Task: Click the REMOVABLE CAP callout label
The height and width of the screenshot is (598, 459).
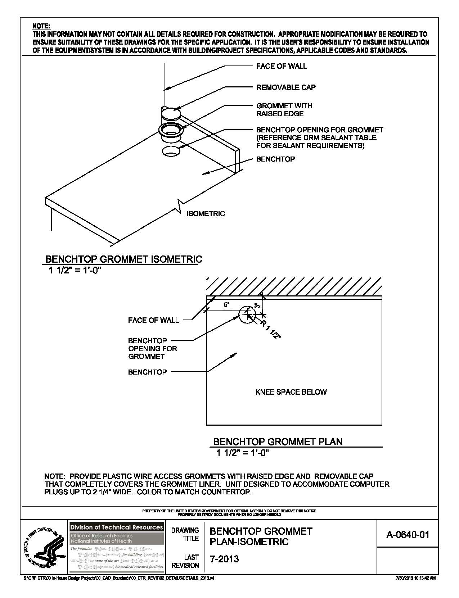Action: pyautogui.click(x=286, y=87)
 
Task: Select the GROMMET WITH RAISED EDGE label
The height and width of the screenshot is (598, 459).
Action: pyautogui.click(x=284, y=110)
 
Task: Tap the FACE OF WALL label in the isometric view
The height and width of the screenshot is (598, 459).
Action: pyautogui.click(x=282, y=66)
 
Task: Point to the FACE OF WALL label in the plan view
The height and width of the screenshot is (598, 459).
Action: pyautogui.click(x=153, y=320)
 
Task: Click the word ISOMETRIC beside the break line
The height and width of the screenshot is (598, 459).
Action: pyautogui.click(x=206, y=214)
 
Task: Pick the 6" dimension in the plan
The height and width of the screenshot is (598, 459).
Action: pyautogui.click(x=227, y=305)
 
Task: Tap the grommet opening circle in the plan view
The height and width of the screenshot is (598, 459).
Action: pyautogui.click(x=247, y=315)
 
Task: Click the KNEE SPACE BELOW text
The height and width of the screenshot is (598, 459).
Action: pyautogui.click(x=291, y=392)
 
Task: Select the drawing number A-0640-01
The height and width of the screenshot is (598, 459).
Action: pyautogui.click(x=408, y=535)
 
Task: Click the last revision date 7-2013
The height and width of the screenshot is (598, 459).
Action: pyautogui.click(x=224, y=559)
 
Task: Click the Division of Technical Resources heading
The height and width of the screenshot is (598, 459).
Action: pyautogui.click(x=117, y=527)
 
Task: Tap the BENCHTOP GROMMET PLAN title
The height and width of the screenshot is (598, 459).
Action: pyautogui.click(x=278, y=442)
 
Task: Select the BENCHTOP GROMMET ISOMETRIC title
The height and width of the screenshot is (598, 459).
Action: pyautogui.click(x=123, y=259)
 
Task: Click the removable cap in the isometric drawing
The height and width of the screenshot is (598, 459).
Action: pyautogui.click(x=171, y=113)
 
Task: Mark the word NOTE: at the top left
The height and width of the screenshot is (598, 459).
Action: pyautogui.click(x=41, y=26)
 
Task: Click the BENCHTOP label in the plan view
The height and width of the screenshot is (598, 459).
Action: pyautogui.click(x=147, y=372)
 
